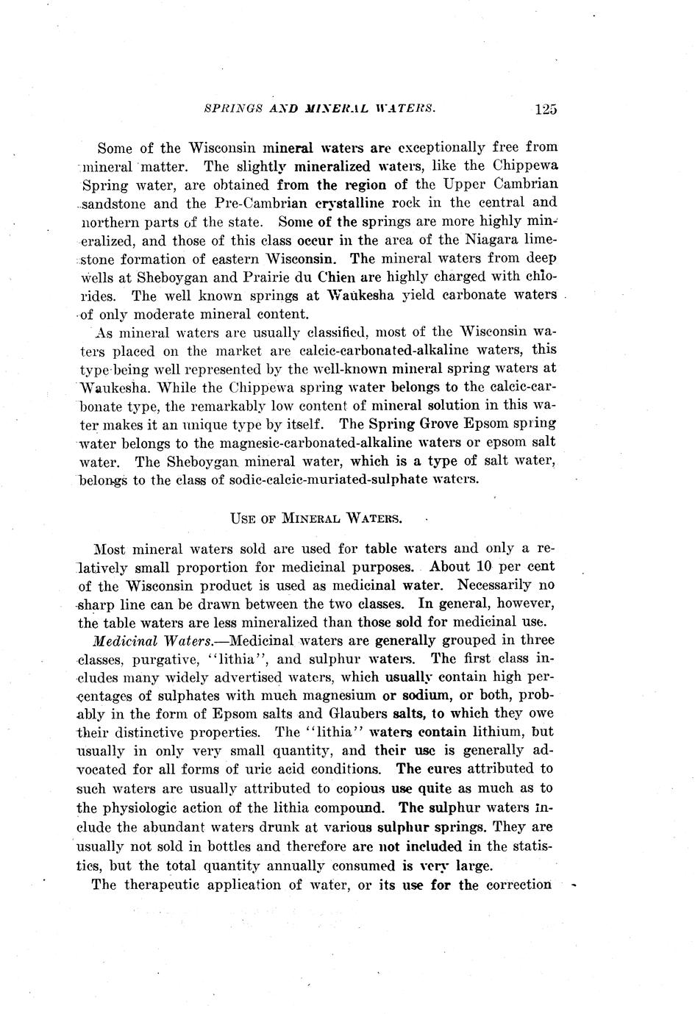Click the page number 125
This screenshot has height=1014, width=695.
[x=546, y=110]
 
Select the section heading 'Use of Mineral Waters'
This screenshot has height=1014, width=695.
[x=316, y=518]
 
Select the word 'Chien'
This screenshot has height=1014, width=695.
[x=336, y=277]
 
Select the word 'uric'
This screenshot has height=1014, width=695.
[x=280, y=770]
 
